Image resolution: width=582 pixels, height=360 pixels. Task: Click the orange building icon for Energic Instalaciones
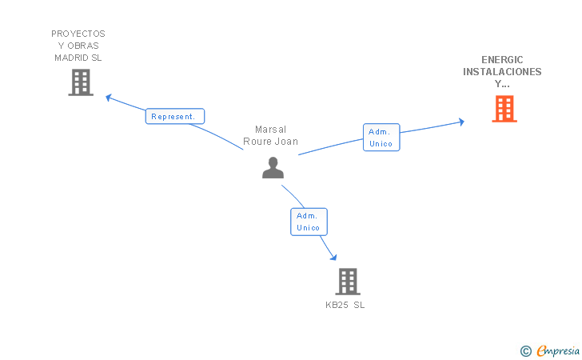pyautogui.click(x=504, y=109)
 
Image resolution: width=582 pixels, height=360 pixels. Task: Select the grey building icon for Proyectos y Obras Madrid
pyautogui.click(x=81, y=82)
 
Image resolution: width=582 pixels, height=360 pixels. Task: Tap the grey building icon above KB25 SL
pyautogui.click(x=347, y=281)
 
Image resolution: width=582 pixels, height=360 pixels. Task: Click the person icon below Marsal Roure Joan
pyautogui.click(x=273, y=167)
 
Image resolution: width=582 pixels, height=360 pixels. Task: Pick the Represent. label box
pyautogui.click(x=174, y=116)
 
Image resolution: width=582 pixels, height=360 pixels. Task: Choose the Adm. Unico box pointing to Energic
pyautogui.click(x=381, y=138)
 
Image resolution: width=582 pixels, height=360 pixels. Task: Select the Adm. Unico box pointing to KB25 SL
pyautogui.click(x=308, y=222)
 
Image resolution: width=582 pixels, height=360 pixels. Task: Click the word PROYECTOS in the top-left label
pyautogui.click(x=78, y=34)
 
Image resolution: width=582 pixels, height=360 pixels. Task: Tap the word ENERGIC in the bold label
pyautogui.click(x=502, y=60)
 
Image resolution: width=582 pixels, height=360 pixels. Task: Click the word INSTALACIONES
pyautogui.click(x=502, y=72)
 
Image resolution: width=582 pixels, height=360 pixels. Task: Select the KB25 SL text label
pyautogui.click(x=345, y=306)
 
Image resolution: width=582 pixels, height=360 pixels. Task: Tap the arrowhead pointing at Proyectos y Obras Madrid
pyautogui.click(x=110, y=98)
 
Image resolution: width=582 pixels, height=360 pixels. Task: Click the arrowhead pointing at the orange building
pyautogui.click(x=460, y=122)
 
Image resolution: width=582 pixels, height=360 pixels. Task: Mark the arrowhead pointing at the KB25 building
pyautogui.click(x=332, y=258)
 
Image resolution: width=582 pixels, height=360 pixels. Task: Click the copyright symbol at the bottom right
pyautogui.click(x=525, y=350)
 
